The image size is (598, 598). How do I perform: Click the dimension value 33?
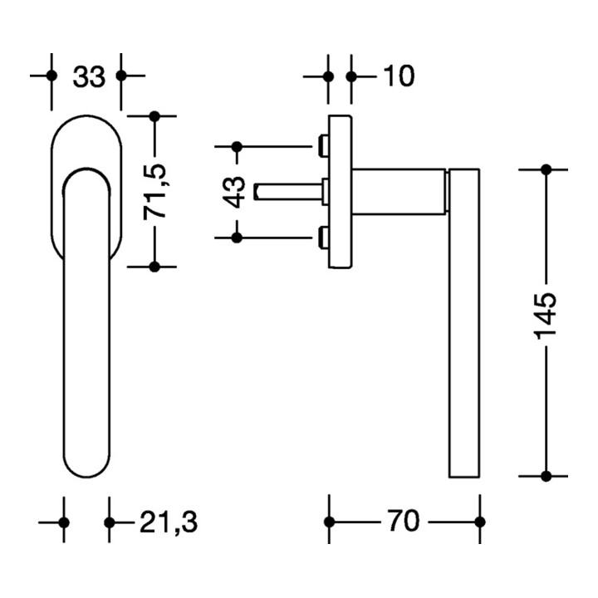(x=88, y=77)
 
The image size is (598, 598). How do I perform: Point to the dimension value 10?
(x=398, y=77)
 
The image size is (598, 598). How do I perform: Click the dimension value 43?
(x=236, y=192)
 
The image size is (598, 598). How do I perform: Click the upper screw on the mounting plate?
(x=322, y=147)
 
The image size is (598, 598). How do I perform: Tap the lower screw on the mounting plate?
(x=322, y=238)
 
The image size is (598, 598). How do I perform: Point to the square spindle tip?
(x=263, y=194)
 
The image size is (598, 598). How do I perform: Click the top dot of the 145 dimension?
(x=546, y=169)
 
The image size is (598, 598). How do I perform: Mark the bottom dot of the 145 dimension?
(x=546, y=477)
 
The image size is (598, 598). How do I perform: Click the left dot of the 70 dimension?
(x=329, y=522)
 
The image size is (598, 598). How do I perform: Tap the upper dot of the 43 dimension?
(x=237, y=148)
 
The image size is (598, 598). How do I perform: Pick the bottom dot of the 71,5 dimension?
(x=154, y=267)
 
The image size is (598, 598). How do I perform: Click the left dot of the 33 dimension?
(x=51, y=76)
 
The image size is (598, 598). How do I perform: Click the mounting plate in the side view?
(x=339, y=192)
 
